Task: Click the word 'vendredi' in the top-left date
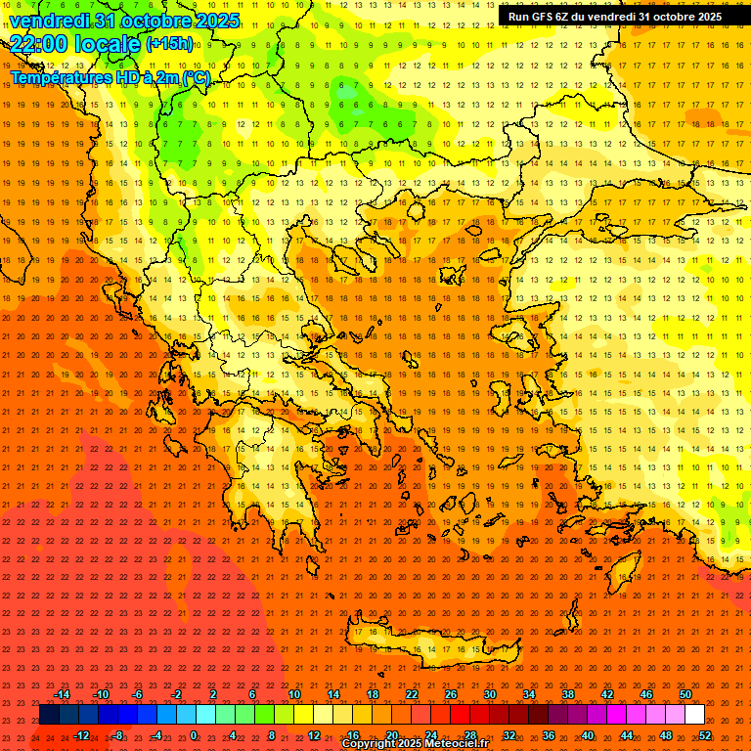point(46,20)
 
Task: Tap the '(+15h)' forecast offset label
point(169,43)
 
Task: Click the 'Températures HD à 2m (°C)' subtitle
point(109,77)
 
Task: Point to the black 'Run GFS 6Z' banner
point(615,16)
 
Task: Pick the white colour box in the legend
point(694,715)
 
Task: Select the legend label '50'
point(685,694)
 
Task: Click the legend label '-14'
point(61,694)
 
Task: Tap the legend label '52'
point(705,735)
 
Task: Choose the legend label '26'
point(451,694)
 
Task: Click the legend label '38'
point(568,694)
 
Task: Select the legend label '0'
point(195,735)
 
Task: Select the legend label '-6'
point(138,694)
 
